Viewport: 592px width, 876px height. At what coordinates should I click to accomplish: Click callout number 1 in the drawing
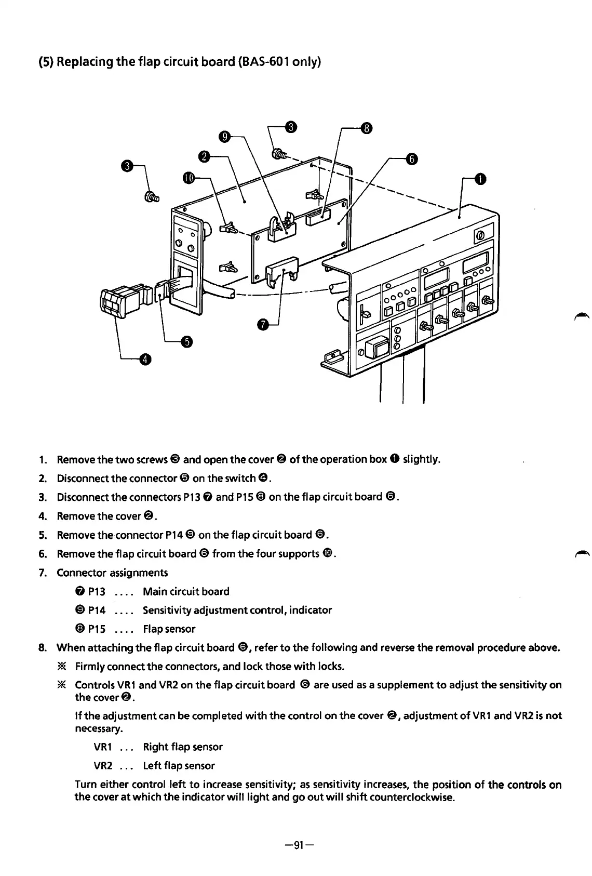(x=481, y=179)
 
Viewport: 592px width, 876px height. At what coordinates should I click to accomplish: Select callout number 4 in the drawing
(x=146, y=359)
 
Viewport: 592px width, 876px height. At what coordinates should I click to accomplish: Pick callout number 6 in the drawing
(x=411, y=159)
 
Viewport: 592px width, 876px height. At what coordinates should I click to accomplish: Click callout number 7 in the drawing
(x=263, y=325)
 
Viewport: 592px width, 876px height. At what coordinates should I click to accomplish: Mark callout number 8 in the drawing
(x=367, y=128)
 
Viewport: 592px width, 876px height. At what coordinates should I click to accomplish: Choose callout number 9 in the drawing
(x=224, y=137)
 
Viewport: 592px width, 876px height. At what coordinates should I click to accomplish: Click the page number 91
(x=295, y=844)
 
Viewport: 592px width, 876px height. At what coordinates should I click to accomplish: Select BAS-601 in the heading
(x=262, y=63)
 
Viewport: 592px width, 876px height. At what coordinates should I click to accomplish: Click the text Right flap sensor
(x=182, y=747)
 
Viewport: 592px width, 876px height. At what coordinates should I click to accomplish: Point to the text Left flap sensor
(x=179, y=765)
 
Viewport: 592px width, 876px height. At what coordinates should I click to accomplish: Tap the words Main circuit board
(x=185, y=591)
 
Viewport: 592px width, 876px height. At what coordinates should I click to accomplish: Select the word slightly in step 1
(x=422, y=459)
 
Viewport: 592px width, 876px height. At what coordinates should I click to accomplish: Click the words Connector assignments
(x=112, y=573)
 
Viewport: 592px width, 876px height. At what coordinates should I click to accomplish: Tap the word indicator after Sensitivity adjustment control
(x=310, y=610)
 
